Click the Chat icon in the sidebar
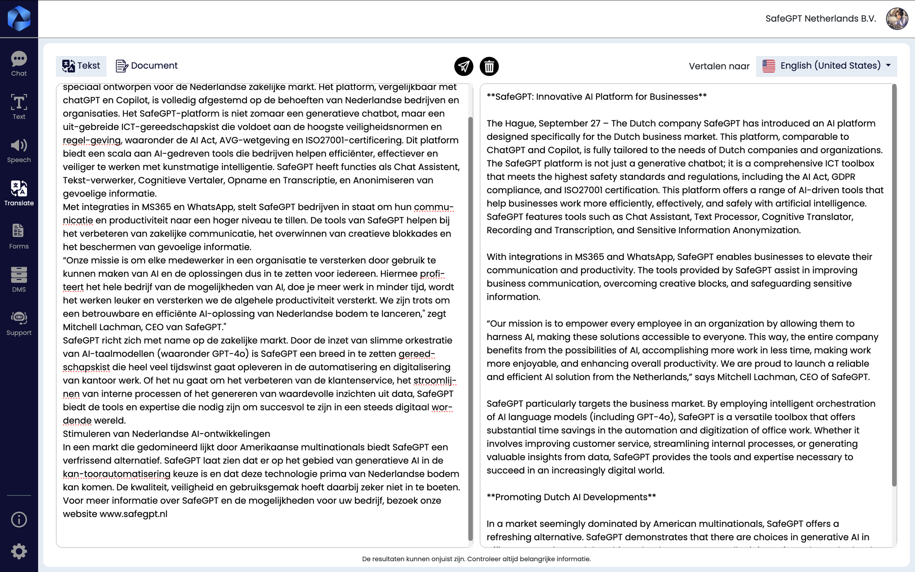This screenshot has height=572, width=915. [x=19, y=64]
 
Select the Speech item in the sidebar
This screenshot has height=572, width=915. [x=19, y=151]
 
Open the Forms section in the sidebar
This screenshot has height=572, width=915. [x=19, y=237]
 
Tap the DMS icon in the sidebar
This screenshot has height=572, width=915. [x=19, y=280]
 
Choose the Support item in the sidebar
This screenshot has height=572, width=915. [x=19, y=323]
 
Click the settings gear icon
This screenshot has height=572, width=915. [x=19, y=551]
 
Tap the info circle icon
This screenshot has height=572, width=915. [x=19, y=520]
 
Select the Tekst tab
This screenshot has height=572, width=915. [x=81, y=66]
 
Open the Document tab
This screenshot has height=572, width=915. [x=147, y=66]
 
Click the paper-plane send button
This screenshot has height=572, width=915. [x=463, y=66]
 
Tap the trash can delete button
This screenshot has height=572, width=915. [x=489, y=66]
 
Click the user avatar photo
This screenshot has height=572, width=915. [x=897, y=19]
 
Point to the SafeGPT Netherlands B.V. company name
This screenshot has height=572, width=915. [x=820, y=19]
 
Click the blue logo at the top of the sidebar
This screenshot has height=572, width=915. [x=19, y=19]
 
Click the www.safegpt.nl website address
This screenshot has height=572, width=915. [x=133, y=514]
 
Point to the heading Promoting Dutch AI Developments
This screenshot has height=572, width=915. [x=571, y=497]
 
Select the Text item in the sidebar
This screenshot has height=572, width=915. [x=19, y=107]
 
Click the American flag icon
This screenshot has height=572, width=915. [x=769, y=66]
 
